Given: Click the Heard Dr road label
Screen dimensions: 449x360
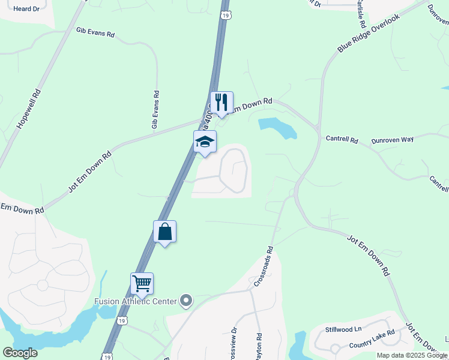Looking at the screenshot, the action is click(x=26, y=8).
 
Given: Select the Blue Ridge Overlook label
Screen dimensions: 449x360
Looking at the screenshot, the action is click(x=368, y=33).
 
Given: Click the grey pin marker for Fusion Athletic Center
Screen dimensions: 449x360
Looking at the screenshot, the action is click(x=186, y=300).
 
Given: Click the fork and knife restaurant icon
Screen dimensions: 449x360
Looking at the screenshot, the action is click(x=221, y=103).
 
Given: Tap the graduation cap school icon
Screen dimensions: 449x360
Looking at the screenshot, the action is click(x=205, y=142).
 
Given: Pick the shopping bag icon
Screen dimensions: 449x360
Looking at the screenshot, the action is click(x=165, y=232).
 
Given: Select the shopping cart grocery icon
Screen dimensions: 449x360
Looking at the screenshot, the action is click(x=142, y=283).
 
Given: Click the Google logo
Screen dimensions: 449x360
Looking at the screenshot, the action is click(x=20, y=352).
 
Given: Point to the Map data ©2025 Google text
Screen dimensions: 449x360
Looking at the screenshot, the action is click(x=411, y=355).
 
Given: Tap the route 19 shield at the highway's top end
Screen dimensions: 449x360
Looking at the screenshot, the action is click(x=224, y=14).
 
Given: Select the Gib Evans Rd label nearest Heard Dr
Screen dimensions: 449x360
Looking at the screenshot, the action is click(x=95, y=32).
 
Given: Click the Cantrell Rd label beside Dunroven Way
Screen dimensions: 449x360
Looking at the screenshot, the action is click(x=342, y=139).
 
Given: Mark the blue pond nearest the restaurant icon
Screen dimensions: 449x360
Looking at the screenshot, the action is click(x=277, y=127).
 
